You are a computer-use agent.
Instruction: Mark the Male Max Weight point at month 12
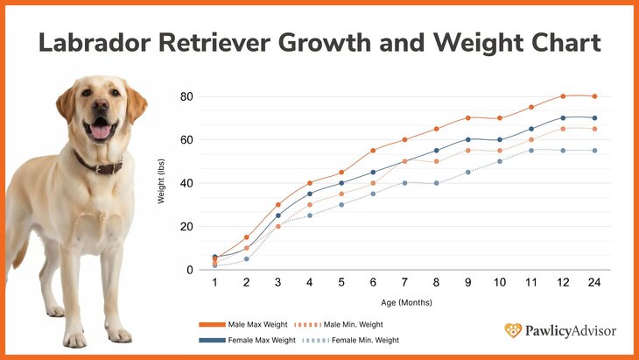coord(564,95)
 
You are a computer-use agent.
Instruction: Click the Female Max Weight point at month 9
coord(468,139)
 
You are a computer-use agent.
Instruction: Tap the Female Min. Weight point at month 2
coord(247,259)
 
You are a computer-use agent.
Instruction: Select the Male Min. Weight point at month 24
coord(595,129)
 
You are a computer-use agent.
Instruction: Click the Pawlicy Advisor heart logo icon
coord(513,330)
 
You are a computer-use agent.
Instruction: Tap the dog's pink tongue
coord(101,131)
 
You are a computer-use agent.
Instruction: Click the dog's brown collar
coord(98,164)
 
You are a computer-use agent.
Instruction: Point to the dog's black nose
coord(99,109)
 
